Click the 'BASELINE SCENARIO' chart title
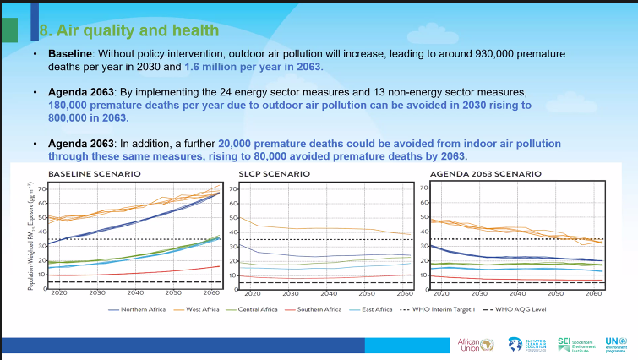pyautogui.click(x=94, y=173)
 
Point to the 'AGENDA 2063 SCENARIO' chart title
pyautogui.click(x=485, y=173)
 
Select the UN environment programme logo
pyautogui.click(x=618, y=344)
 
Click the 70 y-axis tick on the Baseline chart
pyautogui.click(x=42, y=188)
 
